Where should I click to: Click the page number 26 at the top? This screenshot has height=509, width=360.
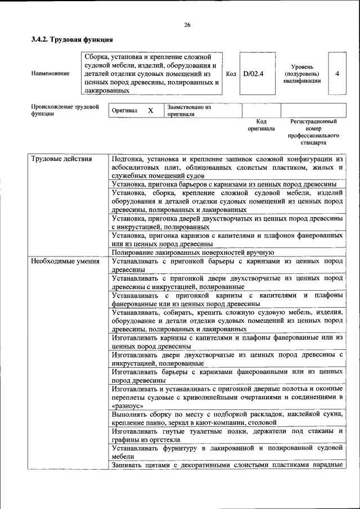[187, 25]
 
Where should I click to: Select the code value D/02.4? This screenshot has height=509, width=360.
[253, 73]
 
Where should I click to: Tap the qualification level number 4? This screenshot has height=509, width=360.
[337, 73]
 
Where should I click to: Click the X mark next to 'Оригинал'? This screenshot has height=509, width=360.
[150, 111]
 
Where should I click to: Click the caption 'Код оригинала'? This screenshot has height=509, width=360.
[261, 125]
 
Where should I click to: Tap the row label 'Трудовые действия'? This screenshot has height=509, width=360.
[61, 159]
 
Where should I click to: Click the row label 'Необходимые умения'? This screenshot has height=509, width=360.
[65, 261]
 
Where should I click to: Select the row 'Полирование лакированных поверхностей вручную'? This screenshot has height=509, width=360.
[192, 253]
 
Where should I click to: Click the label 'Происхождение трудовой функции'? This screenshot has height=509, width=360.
[65, 110]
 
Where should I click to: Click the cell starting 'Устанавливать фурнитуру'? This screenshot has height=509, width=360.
[227, 452]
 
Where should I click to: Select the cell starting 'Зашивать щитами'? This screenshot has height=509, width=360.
[227, 465]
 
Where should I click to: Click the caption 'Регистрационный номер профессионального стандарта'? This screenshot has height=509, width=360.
[313, 132]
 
